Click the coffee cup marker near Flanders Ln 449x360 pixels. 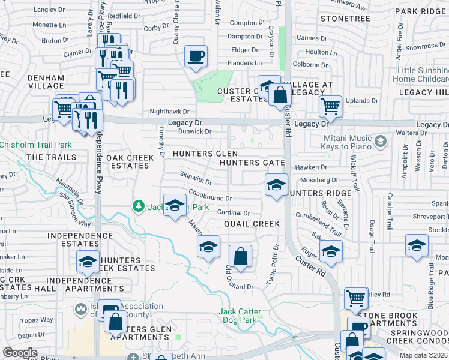click(x=196, y=57)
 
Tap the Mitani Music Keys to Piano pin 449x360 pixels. click(x=379, y=142)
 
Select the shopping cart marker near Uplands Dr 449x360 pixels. click(x=330, y=107)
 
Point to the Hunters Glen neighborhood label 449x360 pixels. click(x=201, y=154)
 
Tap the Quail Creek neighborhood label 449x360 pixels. click(x=252, y=224)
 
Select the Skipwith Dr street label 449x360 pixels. click(x=196, y=178)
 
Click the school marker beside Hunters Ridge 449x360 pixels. click(x=276, y=185)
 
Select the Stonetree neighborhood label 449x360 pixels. click(x=345, y=19)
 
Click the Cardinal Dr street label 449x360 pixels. click(x=234, y=212)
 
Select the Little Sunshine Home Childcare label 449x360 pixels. click(x=423, y=74)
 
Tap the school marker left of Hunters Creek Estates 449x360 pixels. click(x=88, y=262)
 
